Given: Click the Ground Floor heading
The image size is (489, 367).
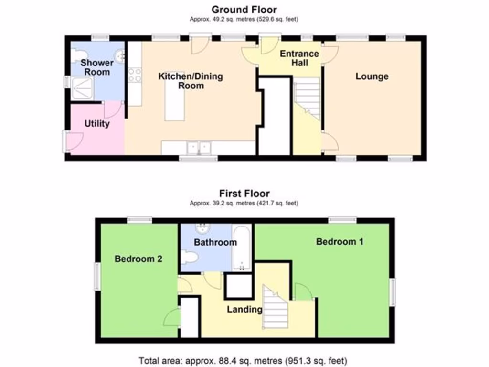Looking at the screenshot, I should tap(244, 9).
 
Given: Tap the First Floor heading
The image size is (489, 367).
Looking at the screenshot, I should tap(244, 194).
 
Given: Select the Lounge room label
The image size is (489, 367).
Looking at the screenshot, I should tap(372, 76).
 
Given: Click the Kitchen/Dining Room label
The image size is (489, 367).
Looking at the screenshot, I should tap(191, 81).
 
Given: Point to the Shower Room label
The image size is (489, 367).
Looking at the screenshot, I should tap(97, 67).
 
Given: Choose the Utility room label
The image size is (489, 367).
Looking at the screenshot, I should tap(97, 124).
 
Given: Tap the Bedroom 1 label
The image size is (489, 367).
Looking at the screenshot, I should tap(340, 242).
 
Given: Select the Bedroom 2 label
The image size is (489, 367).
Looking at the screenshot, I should tap(138, 259).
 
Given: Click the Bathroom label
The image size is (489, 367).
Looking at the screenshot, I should tap(215, 242).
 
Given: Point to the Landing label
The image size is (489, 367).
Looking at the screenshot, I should tap(244, 309).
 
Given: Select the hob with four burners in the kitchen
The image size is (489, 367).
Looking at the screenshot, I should tap(135, 75).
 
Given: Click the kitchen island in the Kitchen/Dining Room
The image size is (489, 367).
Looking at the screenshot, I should tap(174, 102).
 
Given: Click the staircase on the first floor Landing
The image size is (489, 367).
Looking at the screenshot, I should tap(275, 308).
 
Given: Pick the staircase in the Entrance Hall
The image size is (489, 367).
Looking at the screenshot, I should tap(307, 98).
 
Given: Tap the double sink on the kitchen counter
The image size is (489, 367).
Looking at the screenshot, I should tap(199, 148).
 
